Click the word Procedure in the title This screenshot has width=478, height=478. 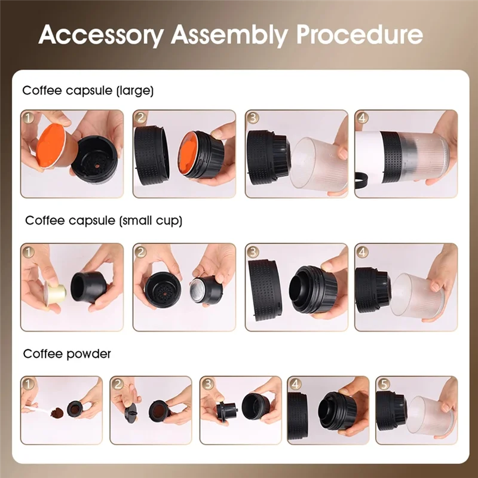pyautogui.click(x=360, y=35)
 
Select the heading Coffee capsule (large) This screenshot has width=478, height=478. pyautogui.click(x=88, y=91)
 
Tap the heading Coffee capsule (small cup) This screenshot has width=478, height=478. pyautogui.click(x=103, y=220)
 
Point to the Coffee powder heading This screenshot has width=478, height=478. pyautogui.click(x=67, y=354)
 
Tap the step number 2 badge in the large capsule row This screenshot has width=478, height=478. pyautogui.click(x=141, y=118)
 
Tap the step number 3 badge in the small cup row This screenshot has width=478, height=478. pyautogui.click(x=253, y=252)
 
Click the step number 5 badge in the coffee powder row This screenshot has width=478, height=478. pyautogui.click(x=383, y=384)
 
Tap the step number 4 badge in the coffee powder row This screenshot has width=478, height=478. pyautogui.click(x=295, y=384)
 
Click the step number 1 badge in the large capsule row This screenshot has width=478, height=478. pyautogui.click(x=29, y=118)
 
